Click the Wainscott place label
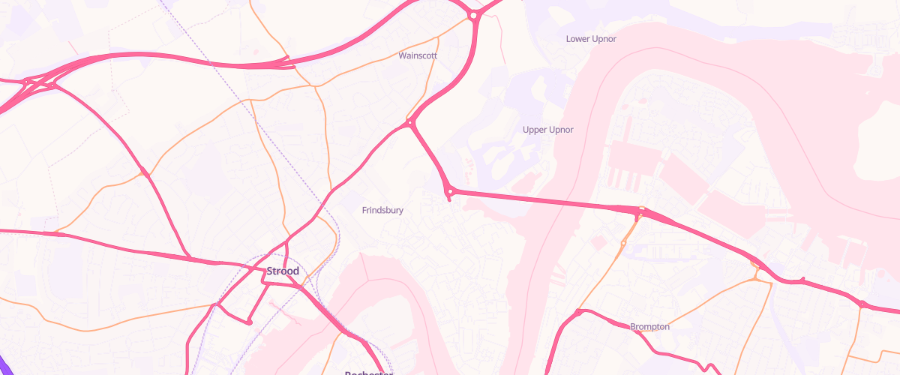click(418, 55)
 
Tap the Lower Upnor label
click(591, 39)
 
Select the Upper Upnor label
click(547, 130)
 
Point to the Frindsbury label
click(382, 211)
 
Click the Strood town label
click(283, 271)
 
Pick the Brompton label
click(649, 326)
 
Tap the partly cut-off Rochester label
click(368, 372)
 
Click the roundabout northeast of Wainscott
click(474, 15)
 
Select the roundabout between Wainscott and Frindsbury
click(410, 122)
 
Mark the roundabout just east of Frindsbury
click(450, 192)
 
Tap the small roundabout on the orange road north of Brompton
click(623, 243)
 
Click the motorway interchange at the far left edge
click(30, 84)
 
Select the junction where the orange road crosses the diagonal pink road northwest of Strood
click(144, 175)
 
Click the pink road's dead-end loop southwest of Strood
click(249, 322)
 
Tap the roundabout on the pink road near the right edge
click(862, 304)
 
